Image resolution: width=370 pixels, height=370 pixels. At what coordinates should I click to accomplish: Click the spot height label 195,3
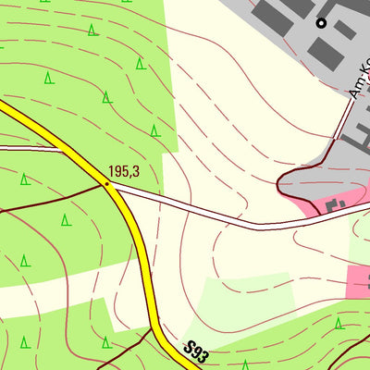pyautogui.click(x=123, y=171)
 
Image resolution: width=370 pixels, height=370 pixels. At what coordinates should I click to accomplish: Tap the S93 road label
pyautogui.click(x=194, y=352)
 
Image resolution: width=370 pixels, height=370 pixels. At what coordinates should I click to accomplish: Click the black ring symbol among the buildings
pyautogui.click(x=321, y=22)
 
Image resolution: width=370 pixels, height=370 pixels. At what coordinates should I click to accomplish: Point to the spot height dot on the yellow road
pyautogui.click(x=106, y=183)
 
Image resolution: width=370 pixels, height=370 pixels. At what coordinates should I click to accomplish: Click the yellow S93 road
pyautogui.click(x=139, y=250)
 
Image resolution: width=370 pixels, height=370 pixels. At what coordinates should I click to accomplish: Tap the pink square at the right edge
pyautogui.click(x=359, y=280)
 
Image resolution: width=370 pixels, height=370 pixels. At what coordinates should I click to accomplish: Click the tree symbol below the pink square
pyautogui.click(x=339, y=323)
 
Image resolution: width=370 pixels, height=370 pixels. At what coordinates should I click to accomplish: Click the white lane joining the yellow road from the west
pyautogui.click(x=37, y=147)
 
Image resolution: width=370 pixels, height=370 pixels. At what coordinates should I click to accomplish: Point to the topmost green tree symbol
pyautogui.click(x=92, y=31)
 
